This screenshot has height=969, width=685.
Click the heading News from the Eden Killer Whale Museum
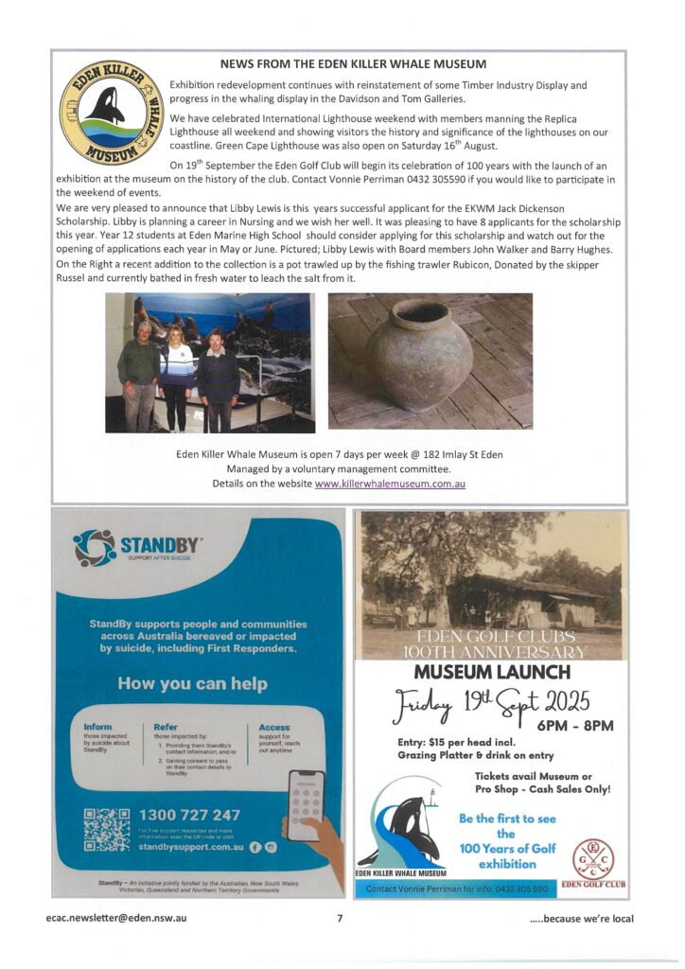[353, 64]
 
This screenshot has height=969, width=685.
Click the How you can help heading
[192, 683]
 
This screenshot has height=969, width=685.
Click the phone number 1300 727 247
[189, 815]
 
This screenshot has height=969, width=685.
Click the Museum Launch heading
[492, 673]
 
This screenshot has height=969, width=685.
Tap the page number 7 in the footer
[339, 918]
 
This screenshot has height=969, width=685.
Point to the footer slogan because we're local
[581, 918]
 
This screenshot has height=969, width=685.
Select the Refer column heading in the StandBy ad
[166, 727]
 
